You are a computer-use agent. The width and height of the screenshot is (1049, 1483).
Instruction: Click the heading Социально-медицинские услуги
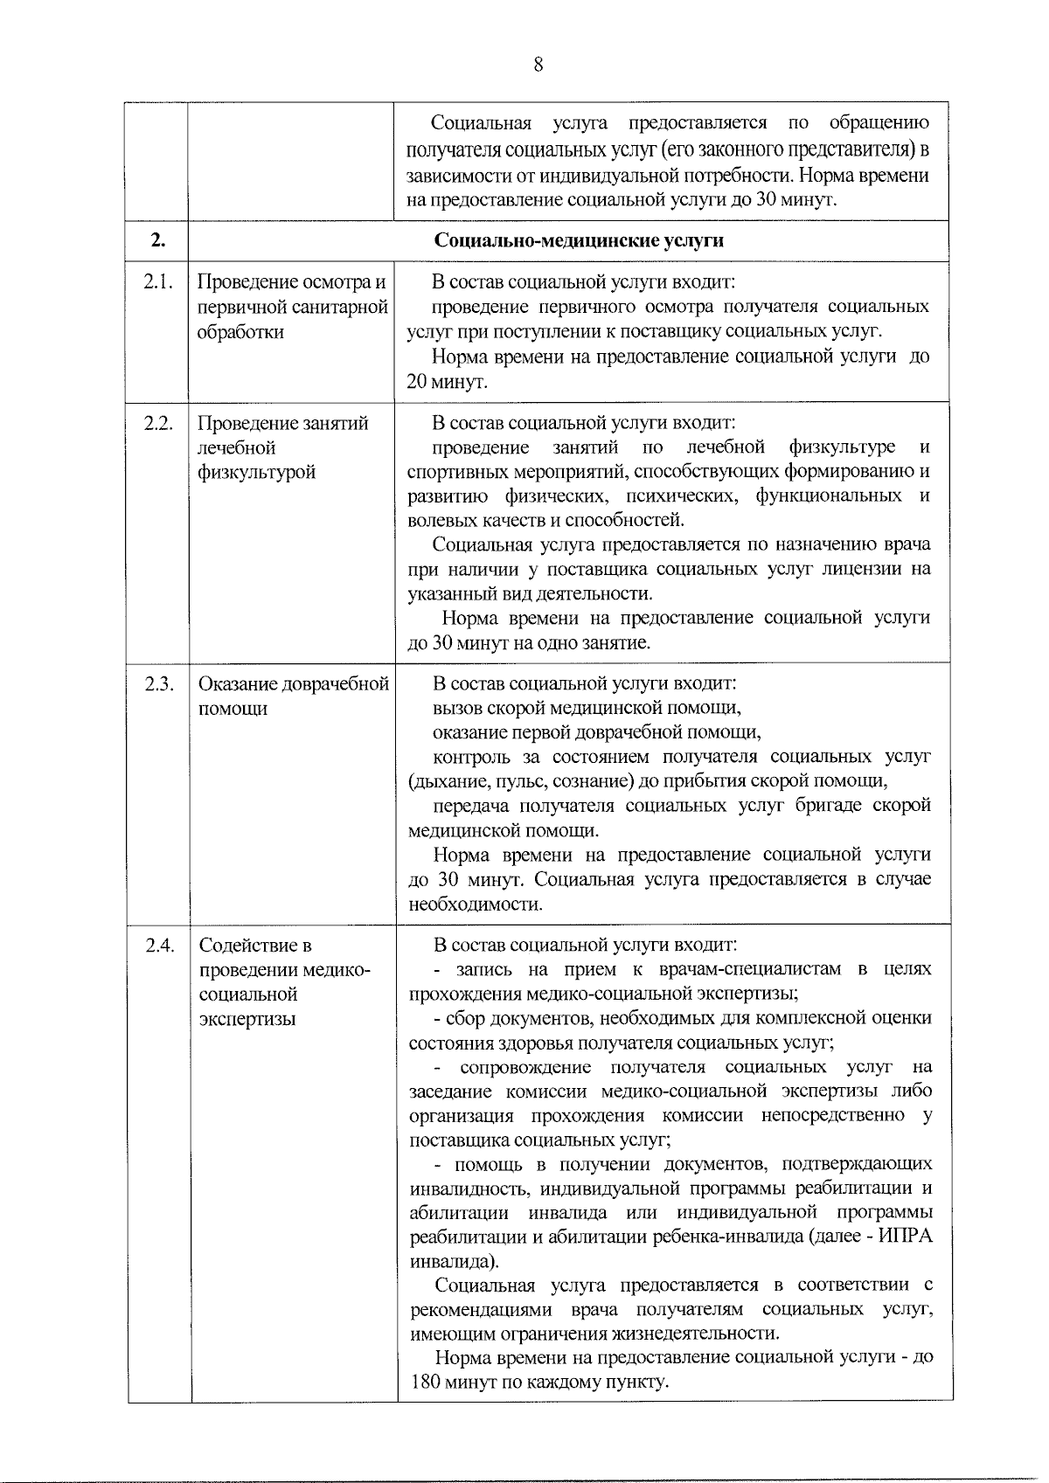click(x=579, y=240)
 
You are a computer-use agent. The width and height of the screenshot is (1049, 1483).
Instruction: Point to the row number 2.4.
click(x=158, y=946)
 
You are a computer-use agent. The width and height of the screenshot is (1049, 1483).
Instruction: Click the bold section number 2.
click(x=157, y=240)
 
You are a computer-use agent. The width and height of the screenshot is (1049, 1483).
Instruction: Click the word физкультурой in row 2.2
click(x=256, y=473)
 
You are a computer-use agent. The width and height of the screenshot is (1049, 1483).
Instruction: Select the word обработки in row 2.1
click(x=240, y=332)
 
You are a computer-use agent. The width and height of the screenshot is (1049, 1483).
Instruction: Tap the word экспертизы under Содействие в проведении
click(x=247, y=1019)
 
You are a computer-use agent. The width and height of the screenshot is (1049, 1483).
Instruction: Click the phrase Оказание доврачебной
click(x=293, y=684)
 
